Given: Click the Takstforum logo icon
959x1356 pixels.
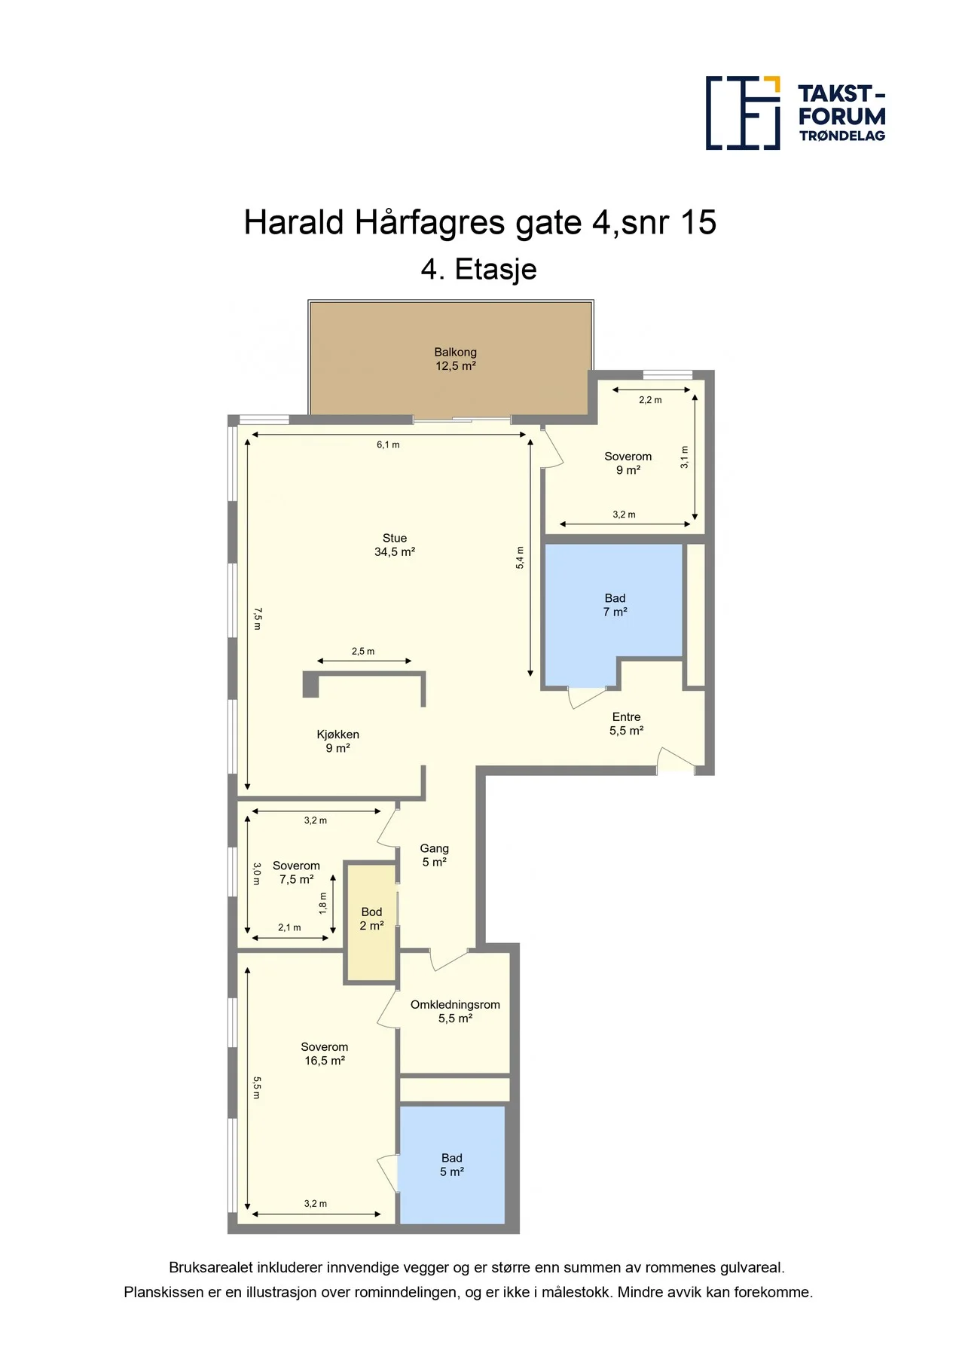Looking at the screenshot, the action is point(743,113).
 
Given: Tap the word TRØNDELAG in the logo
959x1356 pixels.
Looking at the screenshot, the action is point(842,136).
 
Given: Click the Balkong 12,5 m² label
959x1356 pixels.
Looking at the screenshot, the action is point(456,359).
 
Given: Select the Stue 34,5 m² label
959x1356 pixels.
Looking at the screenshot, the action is point(395,545).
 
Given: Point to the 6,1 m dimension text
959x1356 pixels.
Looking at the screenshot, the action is point(388,444).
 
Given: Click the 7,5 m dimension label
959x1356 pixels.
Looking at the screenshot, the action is point(257,618).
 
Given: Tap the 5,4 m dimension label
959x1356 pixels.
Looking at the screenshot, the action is point(520,557).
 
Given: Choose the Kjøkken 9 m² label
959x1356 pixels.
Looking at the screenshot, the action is point(337,741).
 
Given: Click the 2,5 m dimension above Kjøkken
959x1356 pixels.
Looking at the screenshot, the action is point(363,651).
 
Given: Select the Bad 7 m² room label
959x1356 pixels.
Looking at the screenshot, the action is point(615,605).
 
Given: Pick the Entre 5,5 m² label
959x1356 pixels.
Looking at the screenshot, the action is point(626,724).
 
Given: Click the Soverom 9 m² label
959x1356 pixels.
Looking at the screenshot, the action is point(628,463).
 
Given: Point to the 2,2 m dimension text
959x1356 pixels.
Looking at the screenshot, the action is point(650,400).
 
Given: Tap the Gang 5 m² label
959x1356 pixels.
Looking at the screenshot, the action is point(435,855).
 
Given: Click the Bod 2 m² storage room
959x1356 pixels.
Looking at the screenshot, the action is point(371,919).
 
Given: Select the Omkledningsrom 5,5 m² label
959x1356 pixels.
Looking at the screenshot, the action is point(455,1011).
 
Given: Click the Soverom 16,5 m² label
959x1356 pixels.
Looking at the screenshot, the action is point(325,1054).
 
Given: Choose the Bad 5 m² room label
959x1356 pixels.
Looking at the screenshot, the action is point(452,1165).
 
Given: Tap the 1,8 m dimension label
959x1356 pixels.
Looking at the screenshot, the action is point(323,903).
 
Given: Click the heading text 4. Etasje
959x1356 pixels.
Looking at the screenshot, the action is point(479,269).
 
